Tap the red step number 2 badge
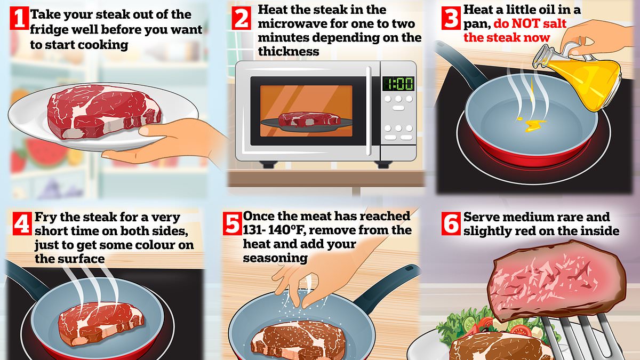(x=242, y=20)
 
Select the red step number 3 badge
(x=451, y=18)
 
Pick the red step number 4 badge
(x=21, y=225)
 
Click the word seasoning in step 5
(x=275, y=258)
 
